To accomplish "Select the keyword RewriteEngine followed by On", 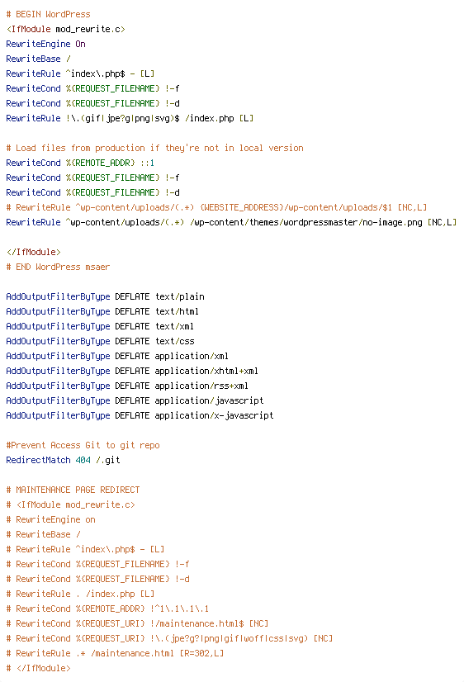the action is pyautogui.click(x=38, y=44).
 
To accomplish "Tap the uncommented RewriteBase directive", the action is pyautogui.click(x=34, y=59).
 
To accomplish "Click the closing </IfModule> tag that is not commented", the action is pyautogui.click(x=34, y=253).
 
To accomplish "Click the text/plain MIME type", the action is pyautogui.click(x=180, y=296).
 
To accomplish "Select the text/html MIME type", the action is pyautogui.click(x=177, y=311).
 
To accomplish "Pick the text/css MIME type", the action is pyautogui.click(x=175, y=342).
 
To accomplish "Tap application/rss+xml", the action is pyautogui.click(x=201, y=386).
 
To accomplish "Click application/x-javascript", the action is pyautogui.click(x=214, y=416).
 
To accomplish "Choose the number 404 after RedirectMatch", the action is pyautogui.click(x=83, y=460).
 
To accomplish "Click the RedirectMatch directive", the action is pyautogui.click(x=38, y=460).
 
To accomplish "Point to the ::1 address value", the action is pyautogui.click(x=147, y=163).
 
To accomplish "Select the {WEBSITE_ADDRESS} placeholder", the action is pyautogui.click(x=241, y=207).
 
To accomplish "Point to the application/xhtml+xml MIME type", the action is pyautogui.click(x=206, y=371).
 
